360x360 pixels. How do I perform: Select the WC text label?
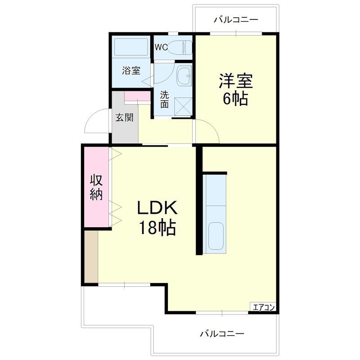[161, 47]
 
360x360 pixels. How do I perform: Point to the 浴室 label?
[131, 71]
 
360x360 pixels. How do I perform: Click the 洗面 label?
[165, 99]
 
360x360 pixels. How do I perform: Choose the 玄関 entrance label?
[124, 117]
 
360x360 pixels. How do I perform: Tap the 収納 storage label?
[96, 187]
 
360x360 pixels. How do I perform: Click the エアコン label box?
[263, 308]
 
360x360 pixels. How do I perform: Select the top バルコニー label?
[236, 20]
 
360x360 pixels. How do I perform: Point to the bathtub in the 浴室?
[131, 48]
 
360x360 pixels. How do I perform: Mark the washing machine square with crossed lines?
[183, 107]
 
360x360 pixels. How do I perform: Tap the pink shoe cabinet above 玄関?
[137, 96]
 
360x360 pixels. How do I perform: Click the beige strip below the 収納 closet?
[91, 257]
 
